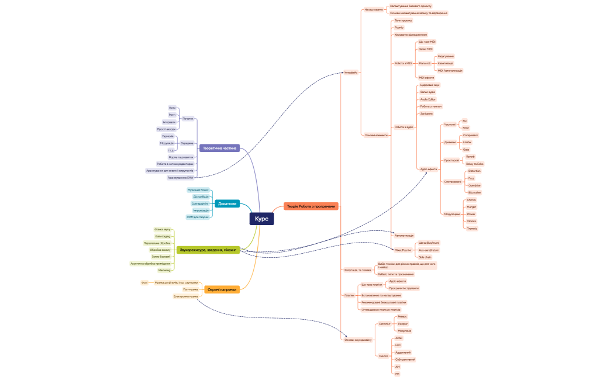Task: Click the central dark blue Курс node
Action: [x=261, y=219]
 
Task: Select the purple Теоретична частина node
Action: [x=219, y=148]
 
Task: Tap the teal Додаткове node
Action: [x=226, y=203]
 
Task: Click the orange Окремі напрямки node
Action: [x=222, y=289]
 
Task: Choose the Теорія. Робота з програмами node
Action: [x=311, y=206]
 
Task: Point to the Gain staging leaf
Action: [x=163, y=236]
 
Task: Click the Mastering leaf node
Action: [x=164, y=270]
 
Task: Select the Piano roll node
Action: [x=425, y=63]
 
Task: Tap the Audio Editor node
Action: [x=428, y=99]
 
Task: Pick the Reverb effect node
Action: [x=470, y=157]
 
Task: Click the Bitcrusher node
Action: [x=474, y=192]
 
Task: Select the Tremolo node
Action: [x=472, y=229]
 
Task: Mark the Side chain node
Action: [x=425, y=257]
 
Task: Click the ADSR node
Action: [x=398, y=338]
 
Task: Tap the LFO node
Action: [x=398, y=345]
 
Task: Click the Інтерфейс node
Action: [x=351, y=72]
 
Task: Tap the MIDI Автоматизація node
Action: [x=450, y=70]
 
